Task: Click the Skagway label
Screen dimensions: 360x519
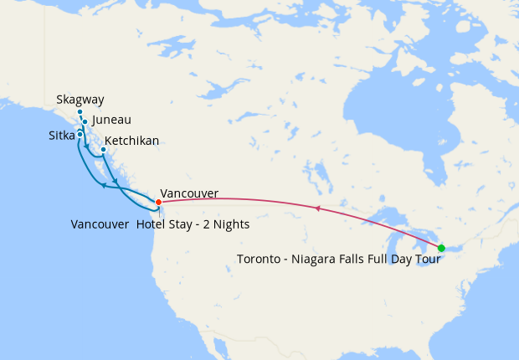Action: (x=80, y=100)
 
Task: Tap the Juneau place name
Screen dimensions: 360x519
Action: (x=111, y=121)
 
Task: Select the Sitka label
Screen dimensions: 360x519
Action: (x=61, y=135)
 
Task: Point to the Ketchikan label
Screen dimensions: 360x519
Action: (x=132, y=141)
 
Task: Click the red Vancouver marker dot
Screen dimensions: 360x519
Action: (x=158, y=202)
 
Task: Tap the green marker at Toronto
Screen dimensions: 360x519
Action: (x=441, y=248)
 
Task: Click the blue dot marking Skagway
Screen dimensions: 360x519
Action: (x=80, y=112)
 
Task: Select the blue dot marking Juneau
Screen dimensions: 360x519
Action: (x=85, y=122)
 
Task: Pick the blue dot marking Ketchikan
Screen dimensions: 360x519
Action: (x=103, y=151)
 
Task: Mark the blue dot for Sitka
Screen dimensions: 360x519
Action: (x=80, y=134)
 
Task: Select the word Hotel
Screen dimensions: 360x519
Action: (x=151, y=224)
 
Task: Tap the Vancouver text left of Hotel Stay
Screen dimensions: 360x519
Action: (x=100, y=224)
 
